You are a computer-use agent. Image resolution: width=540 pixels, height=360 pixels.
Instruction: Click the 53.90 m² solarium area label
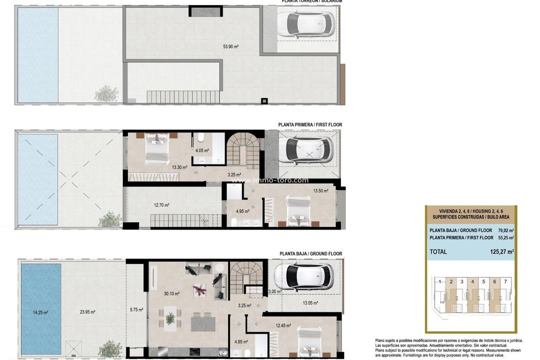coord(230,46)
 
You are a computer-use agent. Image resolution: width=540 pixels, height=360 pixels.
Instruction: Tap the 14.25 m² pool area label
coord(40,312)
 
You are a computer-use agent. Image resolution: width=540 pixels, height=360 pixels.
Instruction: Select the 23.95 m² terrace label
coord(87,312)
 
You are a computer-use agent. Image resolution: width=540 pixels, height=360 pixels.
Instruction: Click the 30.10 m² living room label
coord(171,294)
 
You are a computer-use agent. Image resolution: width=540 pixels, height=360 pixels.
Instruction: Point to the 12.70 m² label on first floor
coord(161,205)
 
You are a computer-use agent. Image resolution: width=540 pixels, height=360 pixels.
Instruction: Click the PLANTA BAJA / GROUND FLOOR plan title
coord(310,254)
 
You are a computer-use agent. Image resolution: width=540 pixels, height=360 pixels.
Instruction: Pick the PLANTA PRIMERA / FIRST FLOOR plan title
coord(310,125)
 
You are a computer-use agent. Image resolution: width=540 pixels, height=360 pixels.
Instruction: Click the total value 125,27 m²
coord(502,252)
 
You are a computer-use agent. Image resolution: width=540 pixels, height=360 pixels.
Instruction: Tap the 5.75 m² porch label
coord(136,309)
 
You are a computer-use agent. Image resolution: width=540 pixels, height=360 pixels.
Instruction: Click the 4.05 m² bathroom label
coord(202,150)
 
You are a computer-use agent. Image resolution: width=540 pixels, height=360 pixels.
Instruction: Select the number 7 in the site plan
coord(505,281)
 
